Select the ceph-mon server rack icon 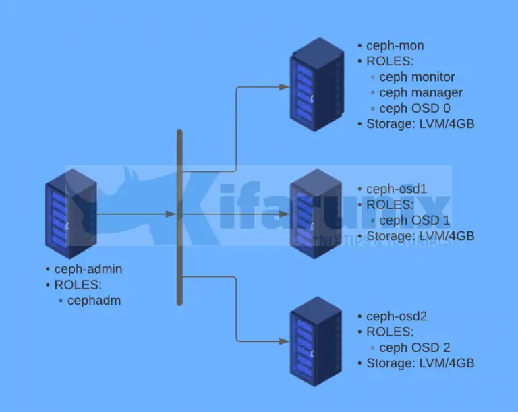pos(314,84)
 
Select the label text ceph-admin pos(88,269)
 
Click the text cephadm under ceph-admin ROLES pos(94,301)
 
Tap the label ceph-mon pos(395,46)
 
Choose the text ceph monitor pos(417,77)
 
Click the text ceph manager pos(421,92)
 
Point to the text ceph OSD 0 pos(415,108)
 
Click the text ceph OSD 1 pos(415,220)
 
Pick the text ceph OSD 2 pos(415,348)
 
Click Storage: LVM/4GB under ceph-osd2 pos(420,363)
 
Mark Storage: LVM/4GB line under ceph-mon pos(420,124)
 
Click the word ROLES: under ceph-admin pos(78,285)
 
